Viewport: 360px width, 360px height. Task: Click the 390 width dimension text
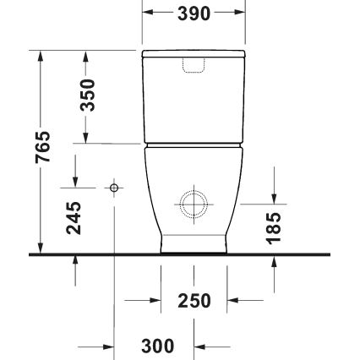[x=194, y=14]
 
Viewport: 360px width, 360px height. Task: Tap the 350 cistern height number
[x=88, y=95]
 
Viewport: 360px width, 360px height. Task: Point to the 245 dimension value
[x=74, y=217]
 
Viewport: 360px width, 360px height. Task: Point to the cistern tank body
[x=194, y=106]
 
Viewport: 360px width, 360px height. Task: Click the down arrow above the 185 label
[x=274, y=197]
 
